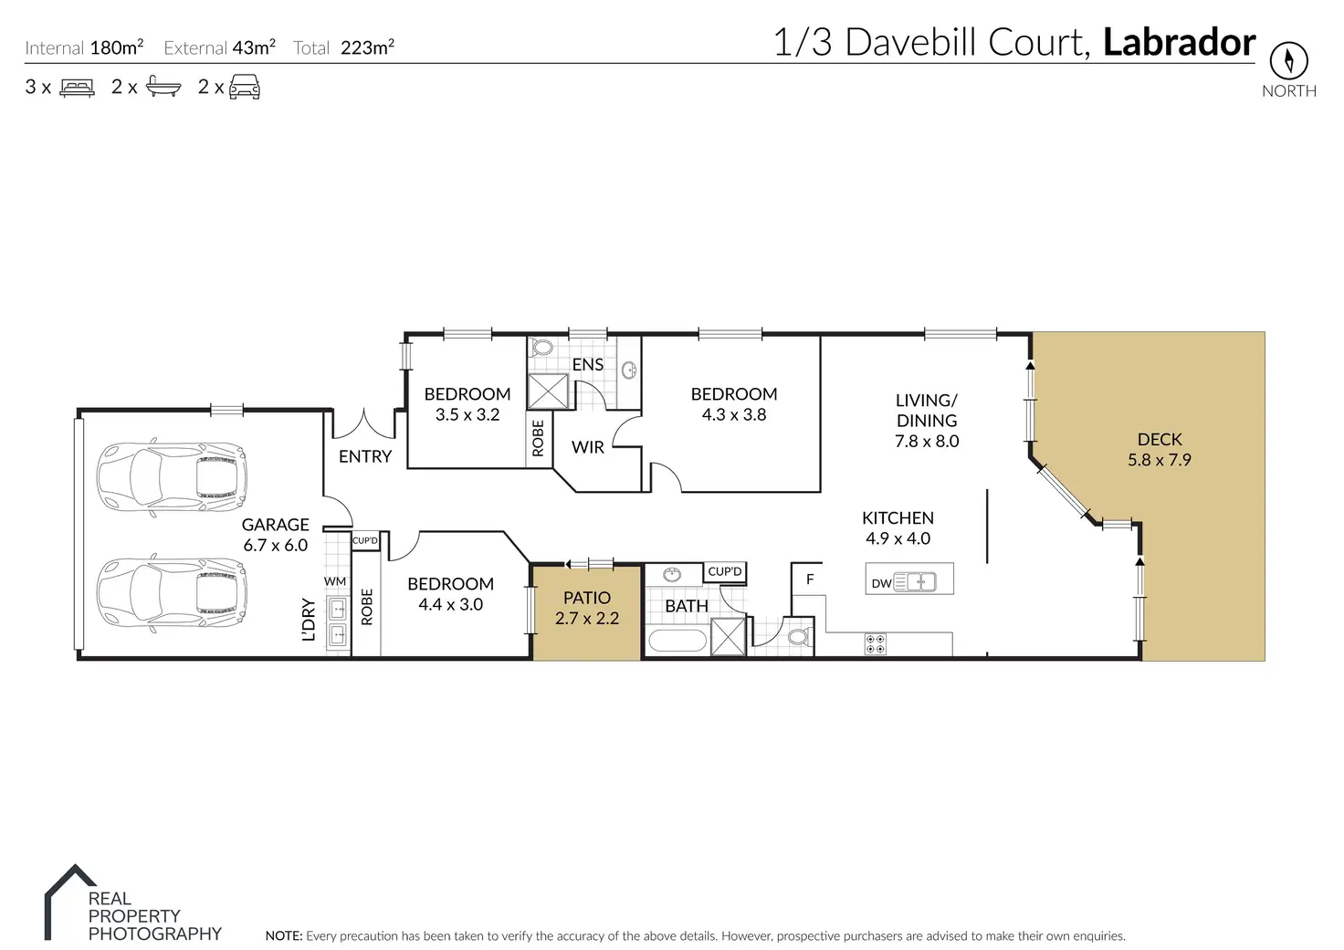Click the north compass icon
[x=1288, y=60]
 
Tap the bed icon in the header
[x=78, y=88]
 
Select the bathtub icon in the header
[x=163, y=88]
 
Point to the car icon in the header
[x=245, y=88]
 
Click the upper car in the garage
[x=172, y=476]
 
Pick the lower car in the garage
[x=172, y=593]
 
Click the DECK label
[x=1160, y=440]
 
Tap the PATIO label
[x=586, y=598]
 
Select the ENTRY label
[x=365, y=456]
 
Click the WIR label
[x=588, y=447]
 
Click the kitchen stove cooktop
[x=875, y=644]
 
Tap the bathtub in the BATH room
[x=677, y=641]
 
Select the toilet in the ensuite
[x=541, y=349]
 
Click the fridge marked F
[x=809, y=579]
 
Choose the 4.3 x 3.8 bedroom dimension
[x=734, y=414]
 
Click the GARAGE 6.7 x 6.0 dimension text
[x=275, y=545]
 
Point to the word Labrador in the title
[x=1179, y=42]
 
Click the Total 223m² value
[x=367, y=48]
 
